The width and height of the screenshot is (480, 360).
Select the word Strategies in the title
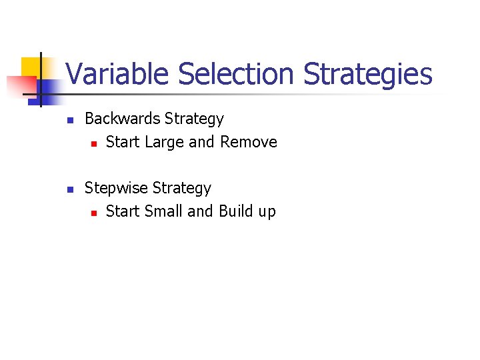[x=368, y=74]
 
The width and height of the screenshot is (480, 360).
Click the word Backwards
[x=123, y=119]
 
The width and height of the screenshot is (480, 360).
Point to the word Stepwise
[x=116, y=188]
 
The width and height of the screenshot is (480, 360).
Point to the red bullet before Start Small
[x=94, y=213]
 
